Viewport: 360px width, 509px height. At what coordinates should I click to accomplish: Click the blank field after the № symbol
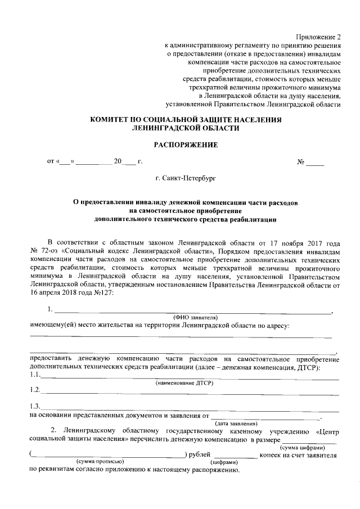tap(316, 163)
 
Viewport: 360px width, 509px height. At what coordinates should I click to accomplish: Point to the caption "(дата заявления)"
tap(236, 423)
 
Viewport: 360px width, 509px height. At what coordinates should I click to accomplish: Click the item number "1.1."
tap(35, 375)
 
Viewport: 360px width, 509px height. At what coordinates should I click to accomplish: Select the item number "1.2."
tap(35, 390)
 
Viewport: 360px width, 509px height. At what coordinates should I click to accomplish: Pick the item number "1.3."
tap(35, 407)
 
